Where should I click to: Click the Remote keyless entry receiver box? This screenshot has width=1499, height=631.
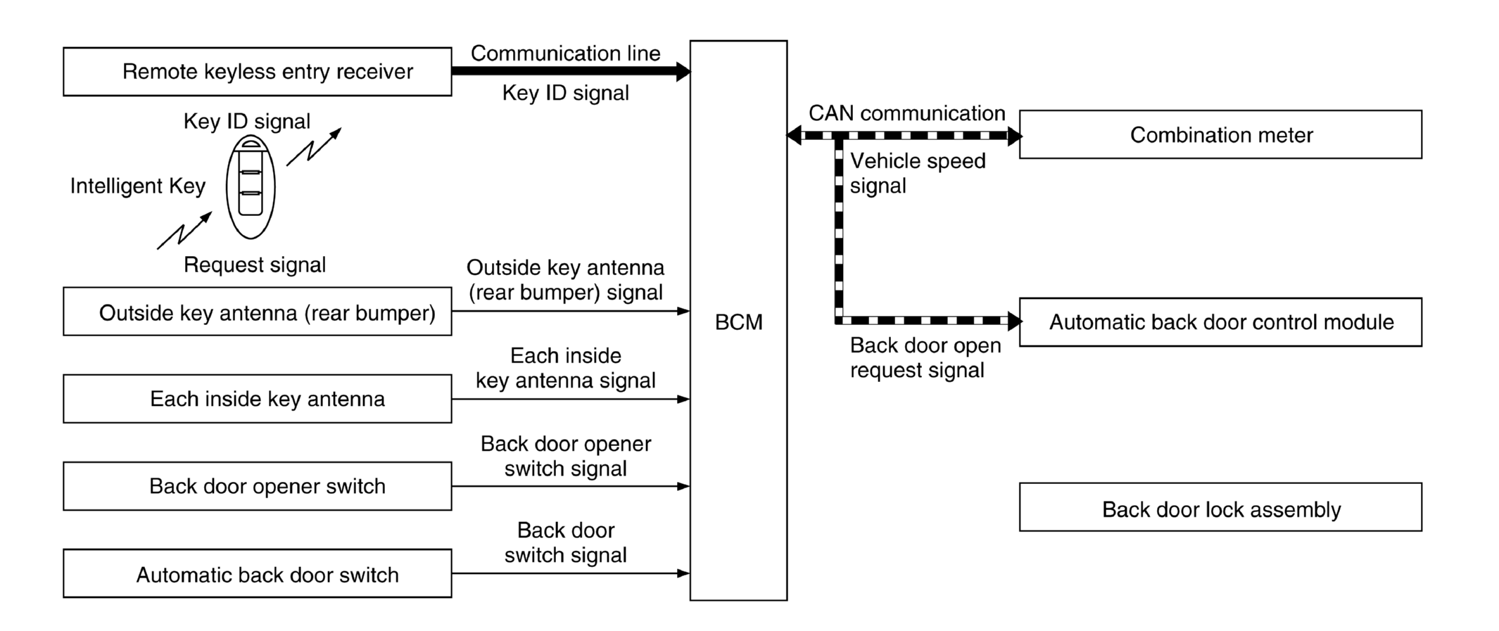coord(257,72)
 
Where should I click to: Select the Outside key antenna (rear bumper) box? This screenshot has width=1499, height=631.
coord(257,312)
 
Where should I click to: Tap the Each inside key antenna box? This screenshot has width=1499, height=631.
coord(257,399)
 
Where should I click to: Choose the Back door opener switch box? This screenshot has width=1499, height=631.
coord(257,486)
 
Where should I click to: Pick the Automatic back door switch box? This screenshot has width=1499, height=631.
coord(257,574)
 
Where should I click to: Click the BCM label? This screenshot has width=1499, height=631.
coord(738,322)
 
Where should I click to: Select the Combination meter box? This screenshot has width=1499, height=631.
coord(1220,134)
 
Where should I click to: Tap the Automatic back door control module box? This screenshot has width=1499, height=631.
coord(1220,322)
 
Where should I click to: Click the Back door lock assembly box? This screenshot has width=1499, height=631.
coord(1220,507)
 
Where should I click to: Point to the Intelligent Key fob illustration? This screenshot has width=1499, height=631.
coord(251,186)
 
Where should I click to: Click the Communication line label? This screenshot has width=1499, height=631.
coord(565,53)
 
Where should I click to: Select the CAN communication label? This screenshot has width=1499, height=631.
coord(906,113)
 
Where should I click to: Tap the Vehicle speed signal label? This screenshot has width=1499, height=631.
coord(917,173)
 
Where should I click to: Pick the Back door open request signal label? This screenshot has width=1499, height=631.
coord(925,357)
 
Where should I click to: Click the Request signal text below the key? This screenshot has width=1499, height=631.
coord(254,265)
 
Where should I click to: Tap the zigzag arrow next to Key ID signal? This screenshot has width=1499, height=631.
coord(314,147)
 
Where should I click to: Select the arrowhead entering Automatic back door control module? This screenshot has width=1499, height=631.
coord(1014,321)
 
